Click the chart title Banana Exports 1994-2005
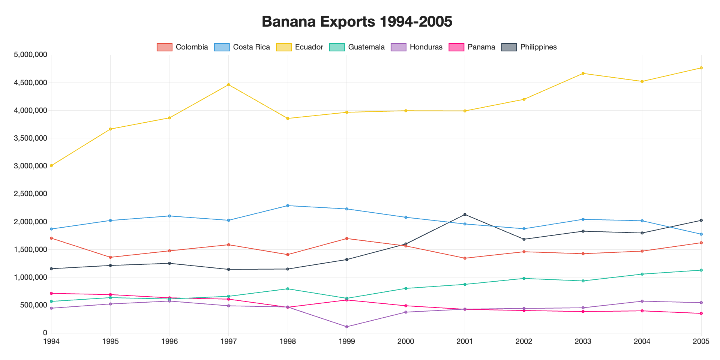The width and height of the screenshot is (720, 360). click(357, 22)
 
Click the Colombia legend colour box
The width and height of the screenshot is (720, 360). click(165, 47)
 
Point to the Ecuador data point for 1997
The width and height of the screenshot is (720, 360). click(228, 85)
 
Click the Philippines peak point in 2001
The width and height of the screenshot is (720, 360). click(465, 214)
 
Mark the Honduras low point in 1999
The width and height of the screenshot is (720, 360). click(346, 327)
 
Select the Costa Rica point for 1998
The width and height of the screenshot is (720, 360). click(288, 205)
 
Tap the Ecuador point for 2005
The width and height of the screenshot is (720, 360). click(701, 68)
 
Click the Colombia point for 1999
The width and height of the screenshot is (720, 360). click(346, 238)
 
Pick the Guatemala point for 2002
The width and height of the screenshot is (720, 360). click(524, 278)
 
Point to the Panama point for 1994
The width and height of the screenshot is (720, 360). click(51, 293)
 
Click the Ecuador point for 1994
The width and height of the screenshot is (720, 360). click(51, 165)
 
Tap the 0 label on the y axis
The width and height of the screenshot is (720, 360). click(45, 333)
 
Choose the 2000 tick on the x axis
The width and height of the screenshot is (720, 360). click(406, 342)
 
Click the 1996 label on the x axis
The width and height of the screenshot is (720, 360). click(169, 342)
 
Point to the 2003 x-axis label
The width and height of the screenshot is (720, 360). click(583, 342)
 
